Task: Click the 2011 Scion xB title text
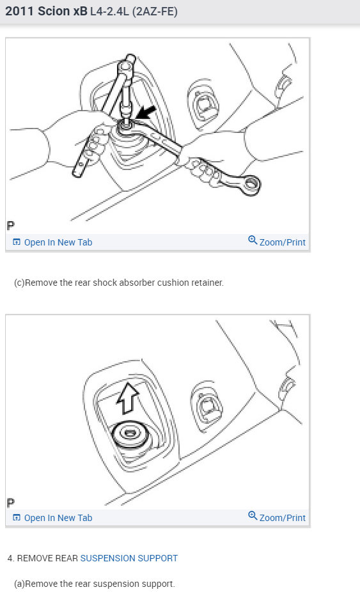coord(46,12)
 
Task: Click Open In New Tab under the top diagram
coord(58,242)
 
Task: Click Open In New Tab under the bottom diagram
coord(58,518)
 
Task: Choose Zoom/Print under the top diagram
coord(282,242)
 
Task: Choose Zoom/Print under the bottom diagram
coord(282,518)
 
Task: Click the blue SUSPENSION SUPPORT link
coord(129,558)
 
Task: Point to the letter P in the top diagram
coord(11,226)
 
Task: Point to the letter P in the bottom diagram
coord(11,502)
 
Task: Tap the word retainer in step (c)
coord(207,283)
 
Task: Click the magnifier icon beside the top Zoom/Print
coord(253,241)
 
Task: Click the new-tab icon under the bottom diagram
coord(17,518)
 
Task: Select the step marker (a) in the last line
coord(19,584)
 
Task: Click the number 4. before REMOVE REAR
coord(11,558)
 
